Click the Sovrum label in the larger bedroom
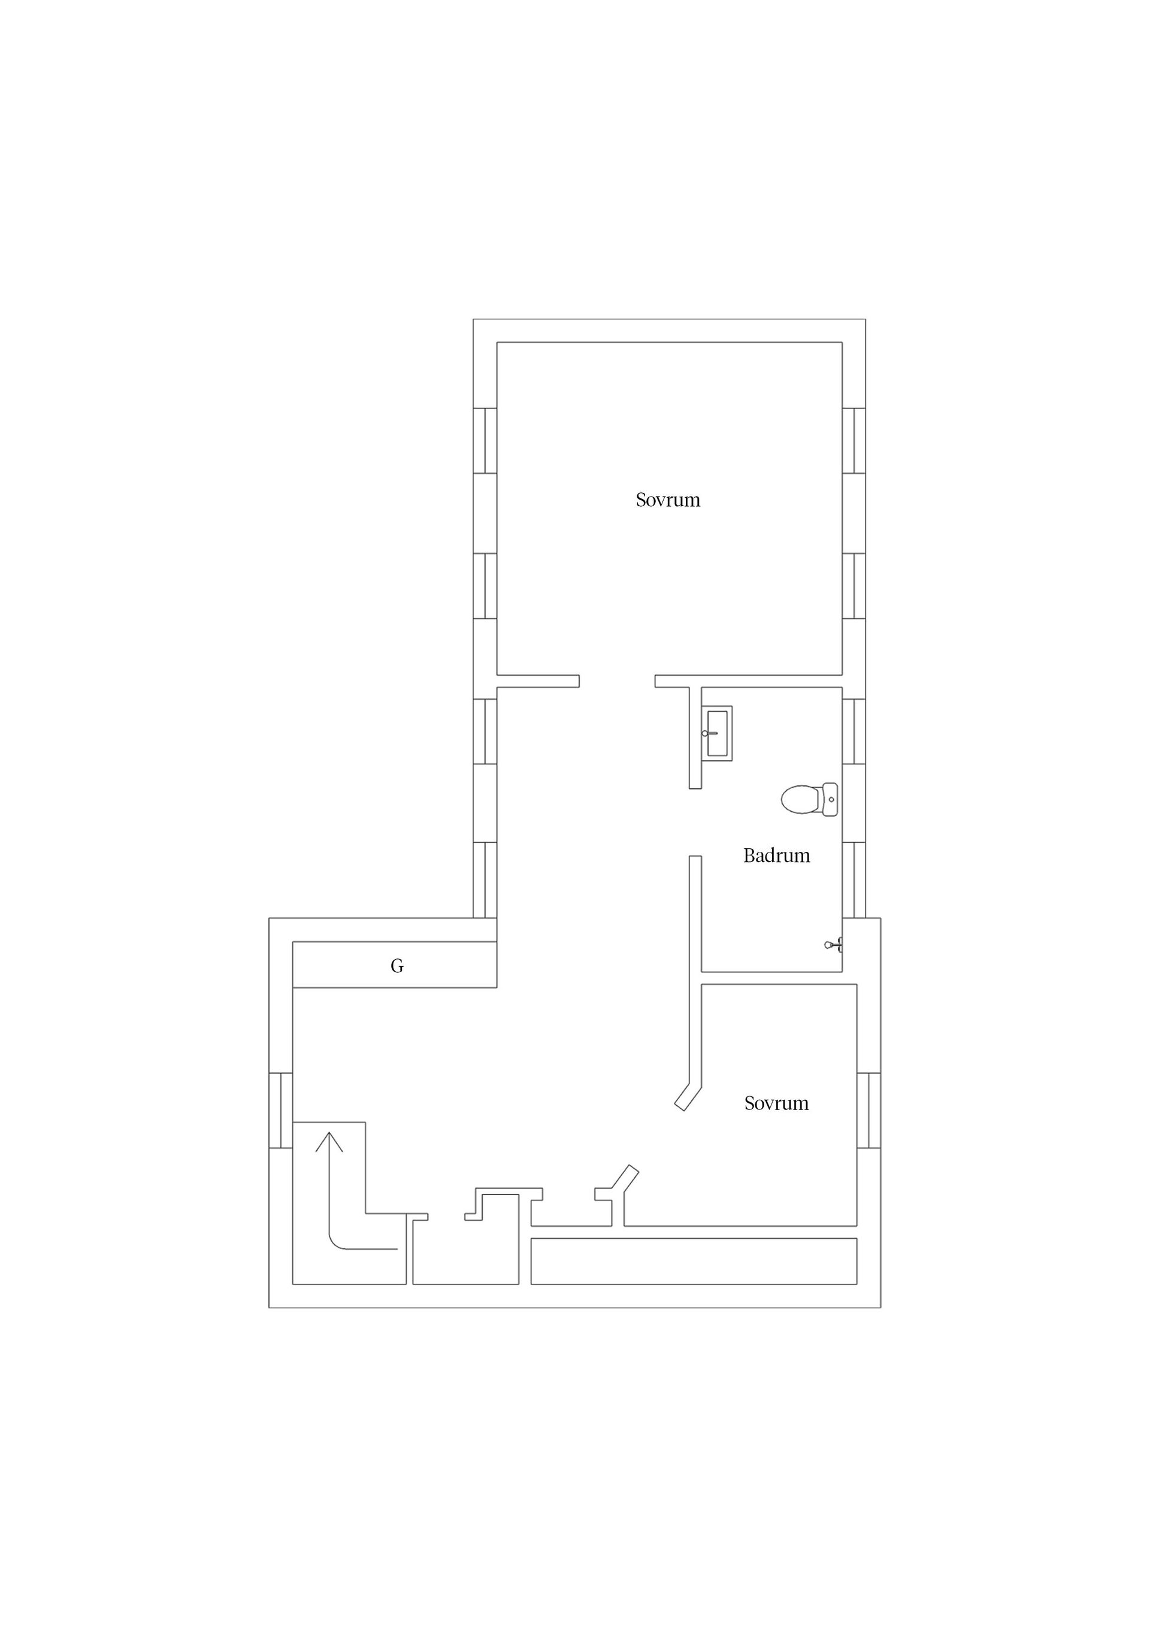point(667,500)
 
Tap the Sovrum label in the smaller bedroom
point(776,1103)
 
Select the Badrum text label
point(776,856)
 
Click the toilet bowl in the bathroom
point(800,799)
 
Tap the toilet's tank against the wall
point(830,799)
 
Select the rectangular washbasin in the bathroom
point(718,733)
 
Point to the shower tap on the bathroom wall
point(834,945)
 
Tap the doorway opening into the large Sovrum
point(616,681)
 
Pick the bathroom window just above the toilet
point(854,731)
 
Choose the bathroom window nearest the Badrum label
point(854,879)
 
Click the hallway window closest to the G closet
point(485,879)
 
